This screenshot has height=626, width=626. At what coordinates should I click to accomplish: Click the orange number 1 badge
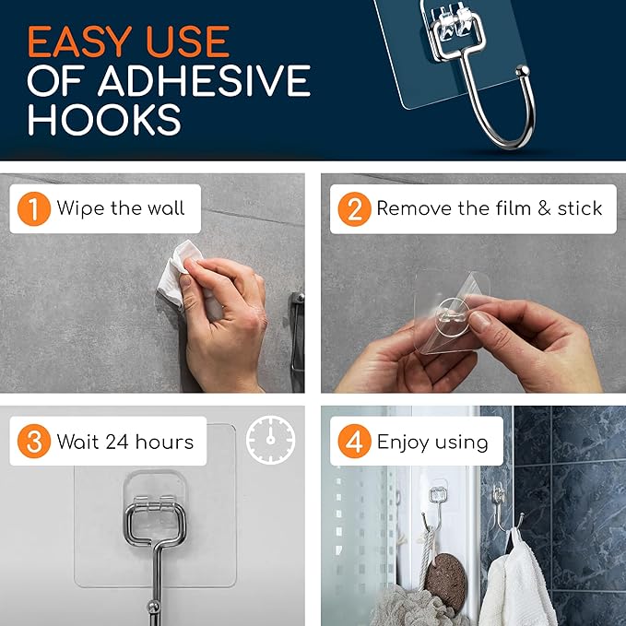[x=34, y=208]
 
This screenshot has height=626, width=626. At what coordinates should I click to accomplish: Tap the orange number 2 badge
[x=354, y=208]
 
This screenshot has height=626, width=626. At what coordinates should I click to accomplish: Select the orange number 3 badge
[x=34, y=442]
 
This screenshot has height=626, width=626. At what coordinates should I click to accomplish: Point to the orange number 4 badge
[x=354, y=442]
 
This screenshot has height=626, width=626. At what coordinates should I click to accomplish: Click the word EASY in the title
[x=80, y=42]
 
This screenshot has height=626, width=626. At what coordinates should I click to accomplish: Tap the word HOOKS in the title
[x=104, y=121]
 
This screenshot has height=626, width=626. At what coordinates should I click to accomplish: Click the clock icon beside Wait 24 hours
[x=270, y=441]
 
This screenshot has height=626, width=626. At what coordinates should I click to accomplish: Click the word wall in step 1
[x=164, y=207]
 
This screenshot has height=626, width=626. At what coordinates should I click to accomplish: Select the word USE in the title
[x=185, y=42]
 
